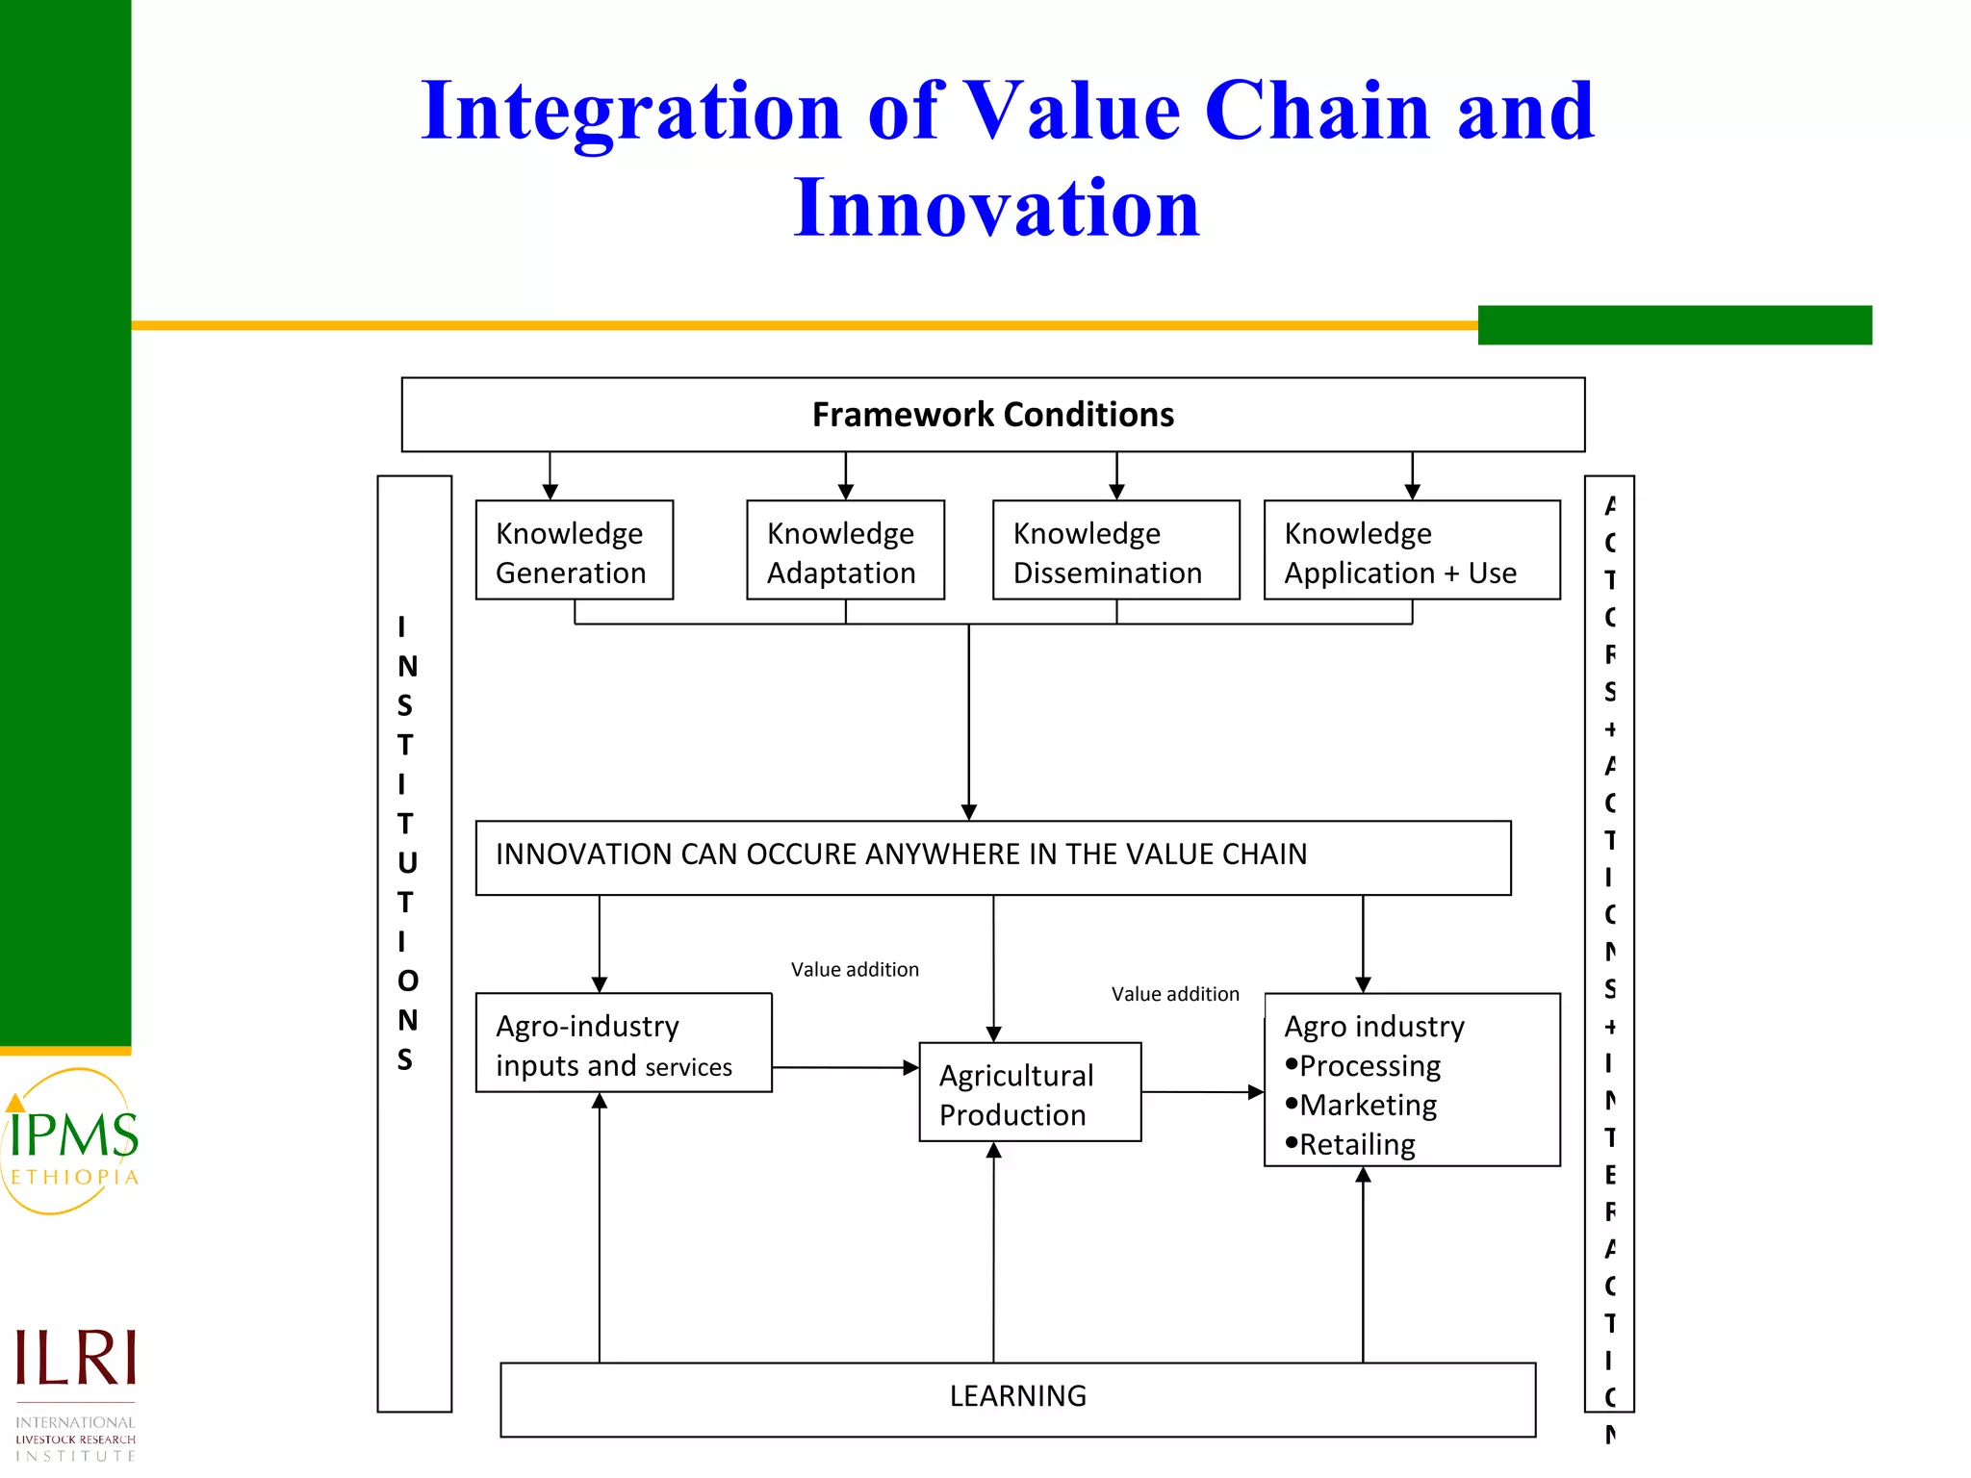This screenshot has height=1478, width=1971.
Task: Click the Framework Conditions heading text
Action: coord(992,415)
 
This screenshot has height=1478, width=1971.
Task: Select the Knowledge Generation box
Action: coord(575,550)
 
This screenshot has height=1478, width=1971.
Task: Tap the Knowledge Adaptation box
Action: coord(845,550)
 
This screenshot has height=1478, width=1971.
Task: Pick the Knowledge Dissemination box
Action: coord(1115,550)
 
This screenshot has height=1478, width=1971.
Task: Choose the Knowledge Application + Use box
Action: coord(1411,550)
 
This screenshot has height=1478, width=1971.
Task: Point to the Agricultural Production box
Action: coord(1030,1093)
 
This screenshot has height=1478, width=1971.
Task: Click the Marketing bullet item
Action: coord(1368,1106)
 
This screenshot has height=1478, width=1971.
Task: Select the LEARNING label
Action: coord(1017,1396)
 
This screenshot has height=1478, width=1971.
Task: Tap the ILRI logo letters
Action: coord(75,1359)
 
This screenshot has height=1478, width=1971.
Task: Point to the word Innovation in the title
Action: coord(996,208)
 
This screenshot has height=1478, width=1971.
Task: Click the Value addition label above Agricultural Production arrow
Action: coord(855,970)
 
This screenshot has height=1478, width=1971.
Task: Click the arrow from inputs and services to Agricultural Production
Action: coord(844,1067)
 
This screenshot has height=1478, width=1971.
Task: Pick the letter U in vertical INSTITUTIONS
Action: coord(407,863)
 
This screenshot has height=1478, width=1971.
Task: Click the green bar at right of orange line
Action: coord(1674,325)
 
